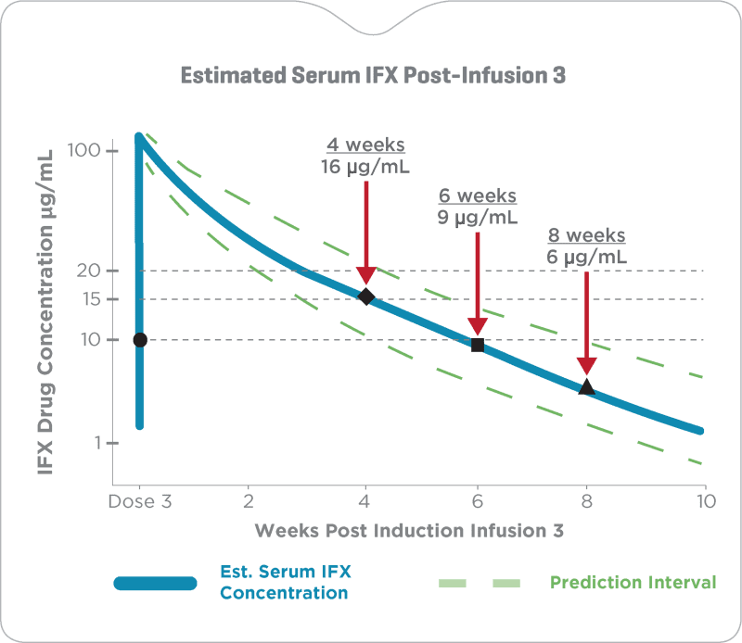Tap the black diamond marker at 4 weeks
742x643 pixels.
pyautogui.click(x=365, y=296)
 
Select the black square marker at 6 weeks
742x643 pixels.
pyautogui.click(x=478, y=345)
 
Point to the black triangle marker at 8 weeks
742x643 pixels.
pyautogui.click(x=586, y=387)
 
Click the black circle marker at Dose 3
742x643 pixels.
pyautogui.click(x=140, y=340)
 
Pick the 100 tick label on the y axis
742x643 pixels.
pyautogui.click(x=81, y=151)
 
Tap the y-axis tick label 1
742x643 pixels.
pyautogui.click(x=91, y=443)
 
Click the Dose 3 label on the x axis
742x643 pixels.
pyautogui.click(x=140, y=502)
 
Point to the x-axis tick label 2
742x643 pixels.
pyautogui.click(x=249, y=502)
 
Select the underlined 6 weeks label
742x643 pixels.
pyautogui.click(x=477, y=196)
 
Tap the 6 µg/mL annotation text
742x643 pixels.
pyautogui.click(x=585, y=257)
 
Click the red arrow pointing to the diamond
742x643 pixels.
pyautogui.click(x=365, y=230)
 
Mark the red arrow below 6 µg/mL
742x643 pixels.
pyautogui.click(x=586, y=320)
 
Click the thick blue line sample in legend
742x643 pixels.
pyautogui.click(x=155, y=583)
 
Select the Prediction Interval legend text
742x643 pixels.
pyautogui.click(x=633, y=583)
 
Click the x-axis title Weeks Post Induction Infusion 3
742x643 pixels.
pyautogui.click(x=409, y=531)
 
